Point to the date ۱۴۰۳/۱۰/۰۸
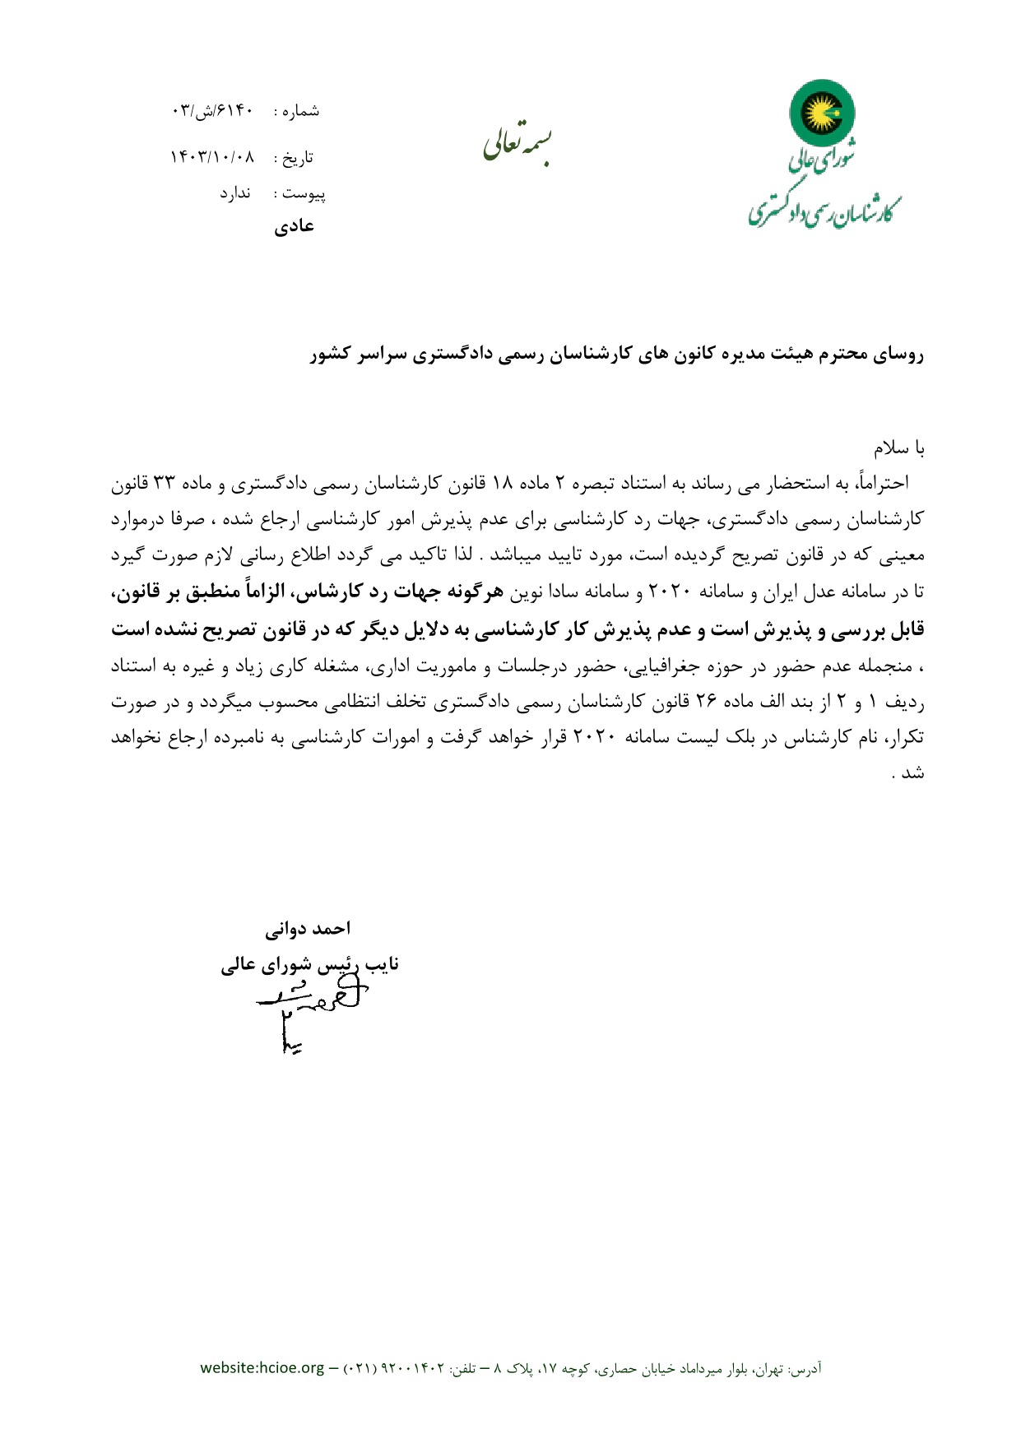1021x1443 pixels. (x=212, y=156)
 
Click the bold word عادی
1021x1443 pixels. (x=294, y=225)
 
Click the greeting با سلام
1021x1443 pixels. (x=899, y=449)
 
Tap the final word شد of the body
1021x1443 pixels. (x=913, y=773)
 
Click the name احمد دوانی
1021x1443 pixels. (x=307, y=929)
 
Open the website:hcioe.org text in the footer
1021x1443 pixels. (x=262, y=1368)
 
